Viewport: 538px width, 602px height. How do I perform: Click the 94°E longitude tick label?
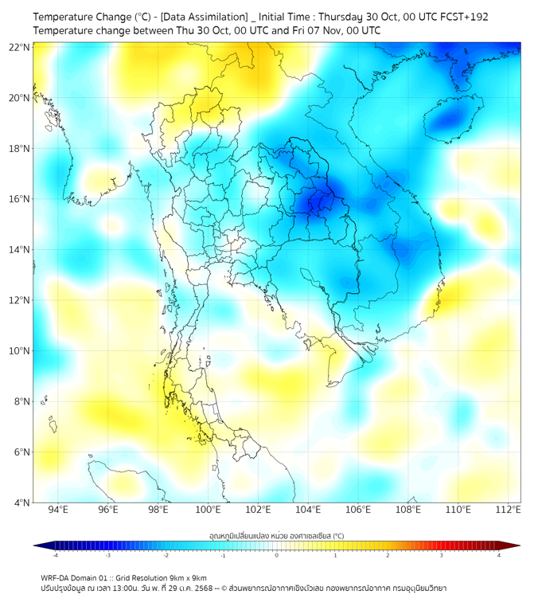58,510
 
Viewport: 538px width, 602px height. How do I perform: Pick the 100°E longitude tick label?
208,510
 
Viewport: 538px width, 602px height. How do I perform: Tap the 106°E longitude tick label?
358,510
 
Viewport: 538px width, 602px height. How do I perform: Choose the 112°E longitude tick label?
509,510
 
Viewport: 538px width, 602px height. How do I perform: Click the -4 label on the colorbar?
55,555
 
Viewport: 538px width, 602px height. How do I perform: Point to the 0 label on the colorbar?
277,555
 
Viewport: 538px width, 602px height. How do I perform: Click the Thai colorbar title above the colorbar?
276,536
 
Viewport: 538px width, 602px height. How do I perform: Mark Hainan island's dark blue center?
452,120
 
